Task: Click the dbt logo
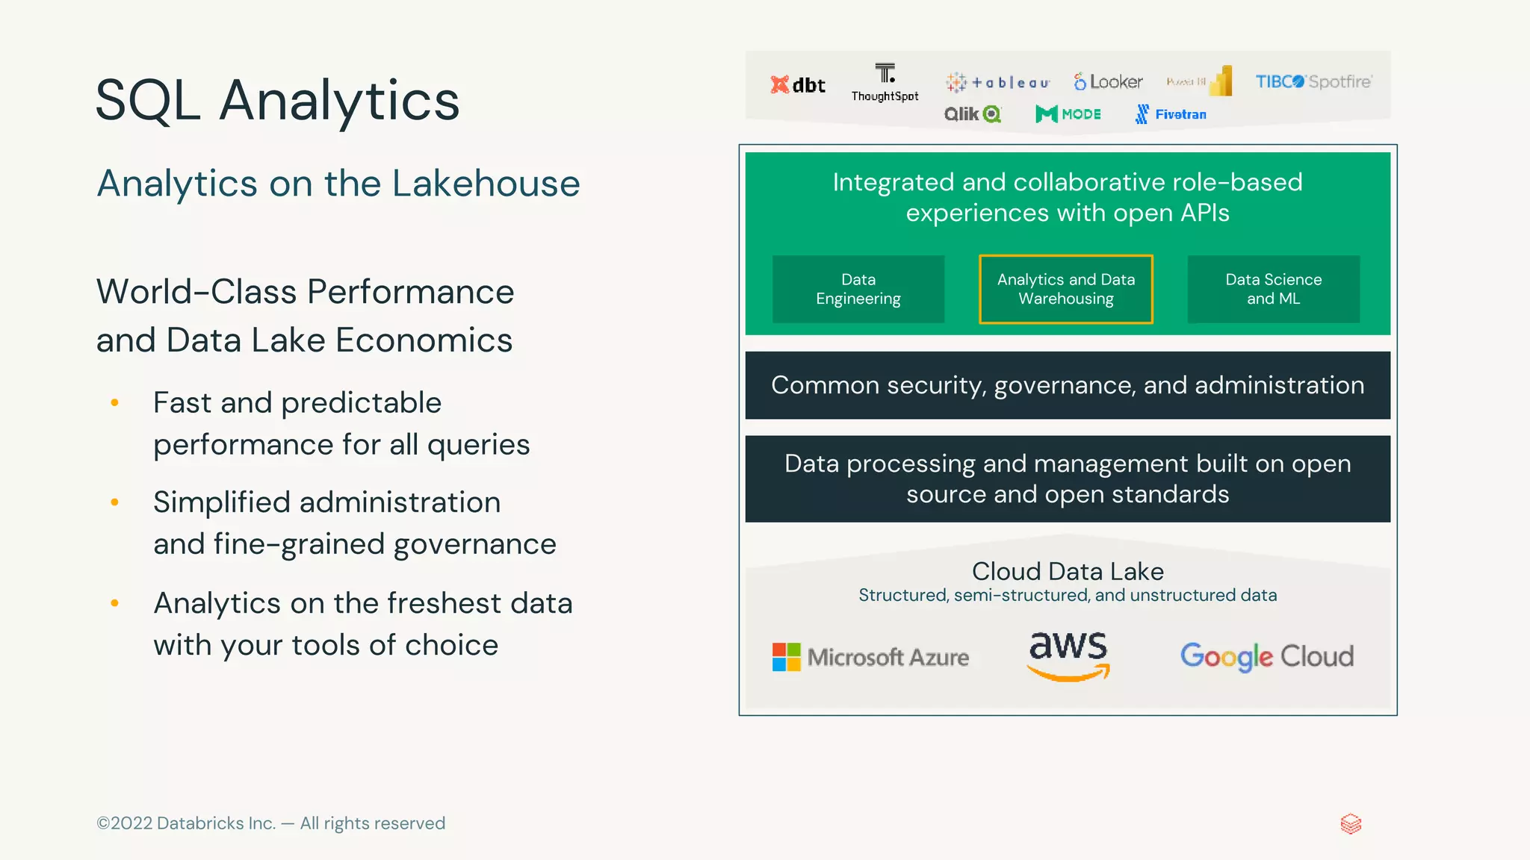point(797,84)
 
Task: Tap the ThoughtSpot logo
point(885,82)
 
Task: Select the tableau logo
point(998,82)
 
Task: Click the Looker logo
point(1109,81)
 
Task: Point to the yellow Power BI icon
point(1220,81)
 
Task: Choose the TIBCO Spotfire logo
point(1313,81)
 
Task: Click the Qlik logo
point(972,114)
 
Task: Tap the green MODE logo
point(1068,114)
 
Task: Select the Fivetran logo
point(1171,114)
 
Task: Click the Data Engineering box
point(858,289)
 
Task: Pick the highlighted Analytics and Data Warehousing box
point(1066,289)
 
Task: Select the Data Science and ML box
point(1274,289)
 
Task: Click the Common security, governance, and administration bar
point(1068,385)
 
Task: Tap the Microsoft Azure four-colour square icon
point(786,657)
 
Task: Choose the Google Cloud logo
point(1267,656)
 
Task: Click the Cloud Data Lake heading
point(1068,571)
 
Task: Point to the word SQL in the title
point(148,100)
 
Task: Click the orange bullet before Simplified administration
point(114,502)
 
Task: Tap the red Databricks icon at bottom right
point(1351,824)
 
